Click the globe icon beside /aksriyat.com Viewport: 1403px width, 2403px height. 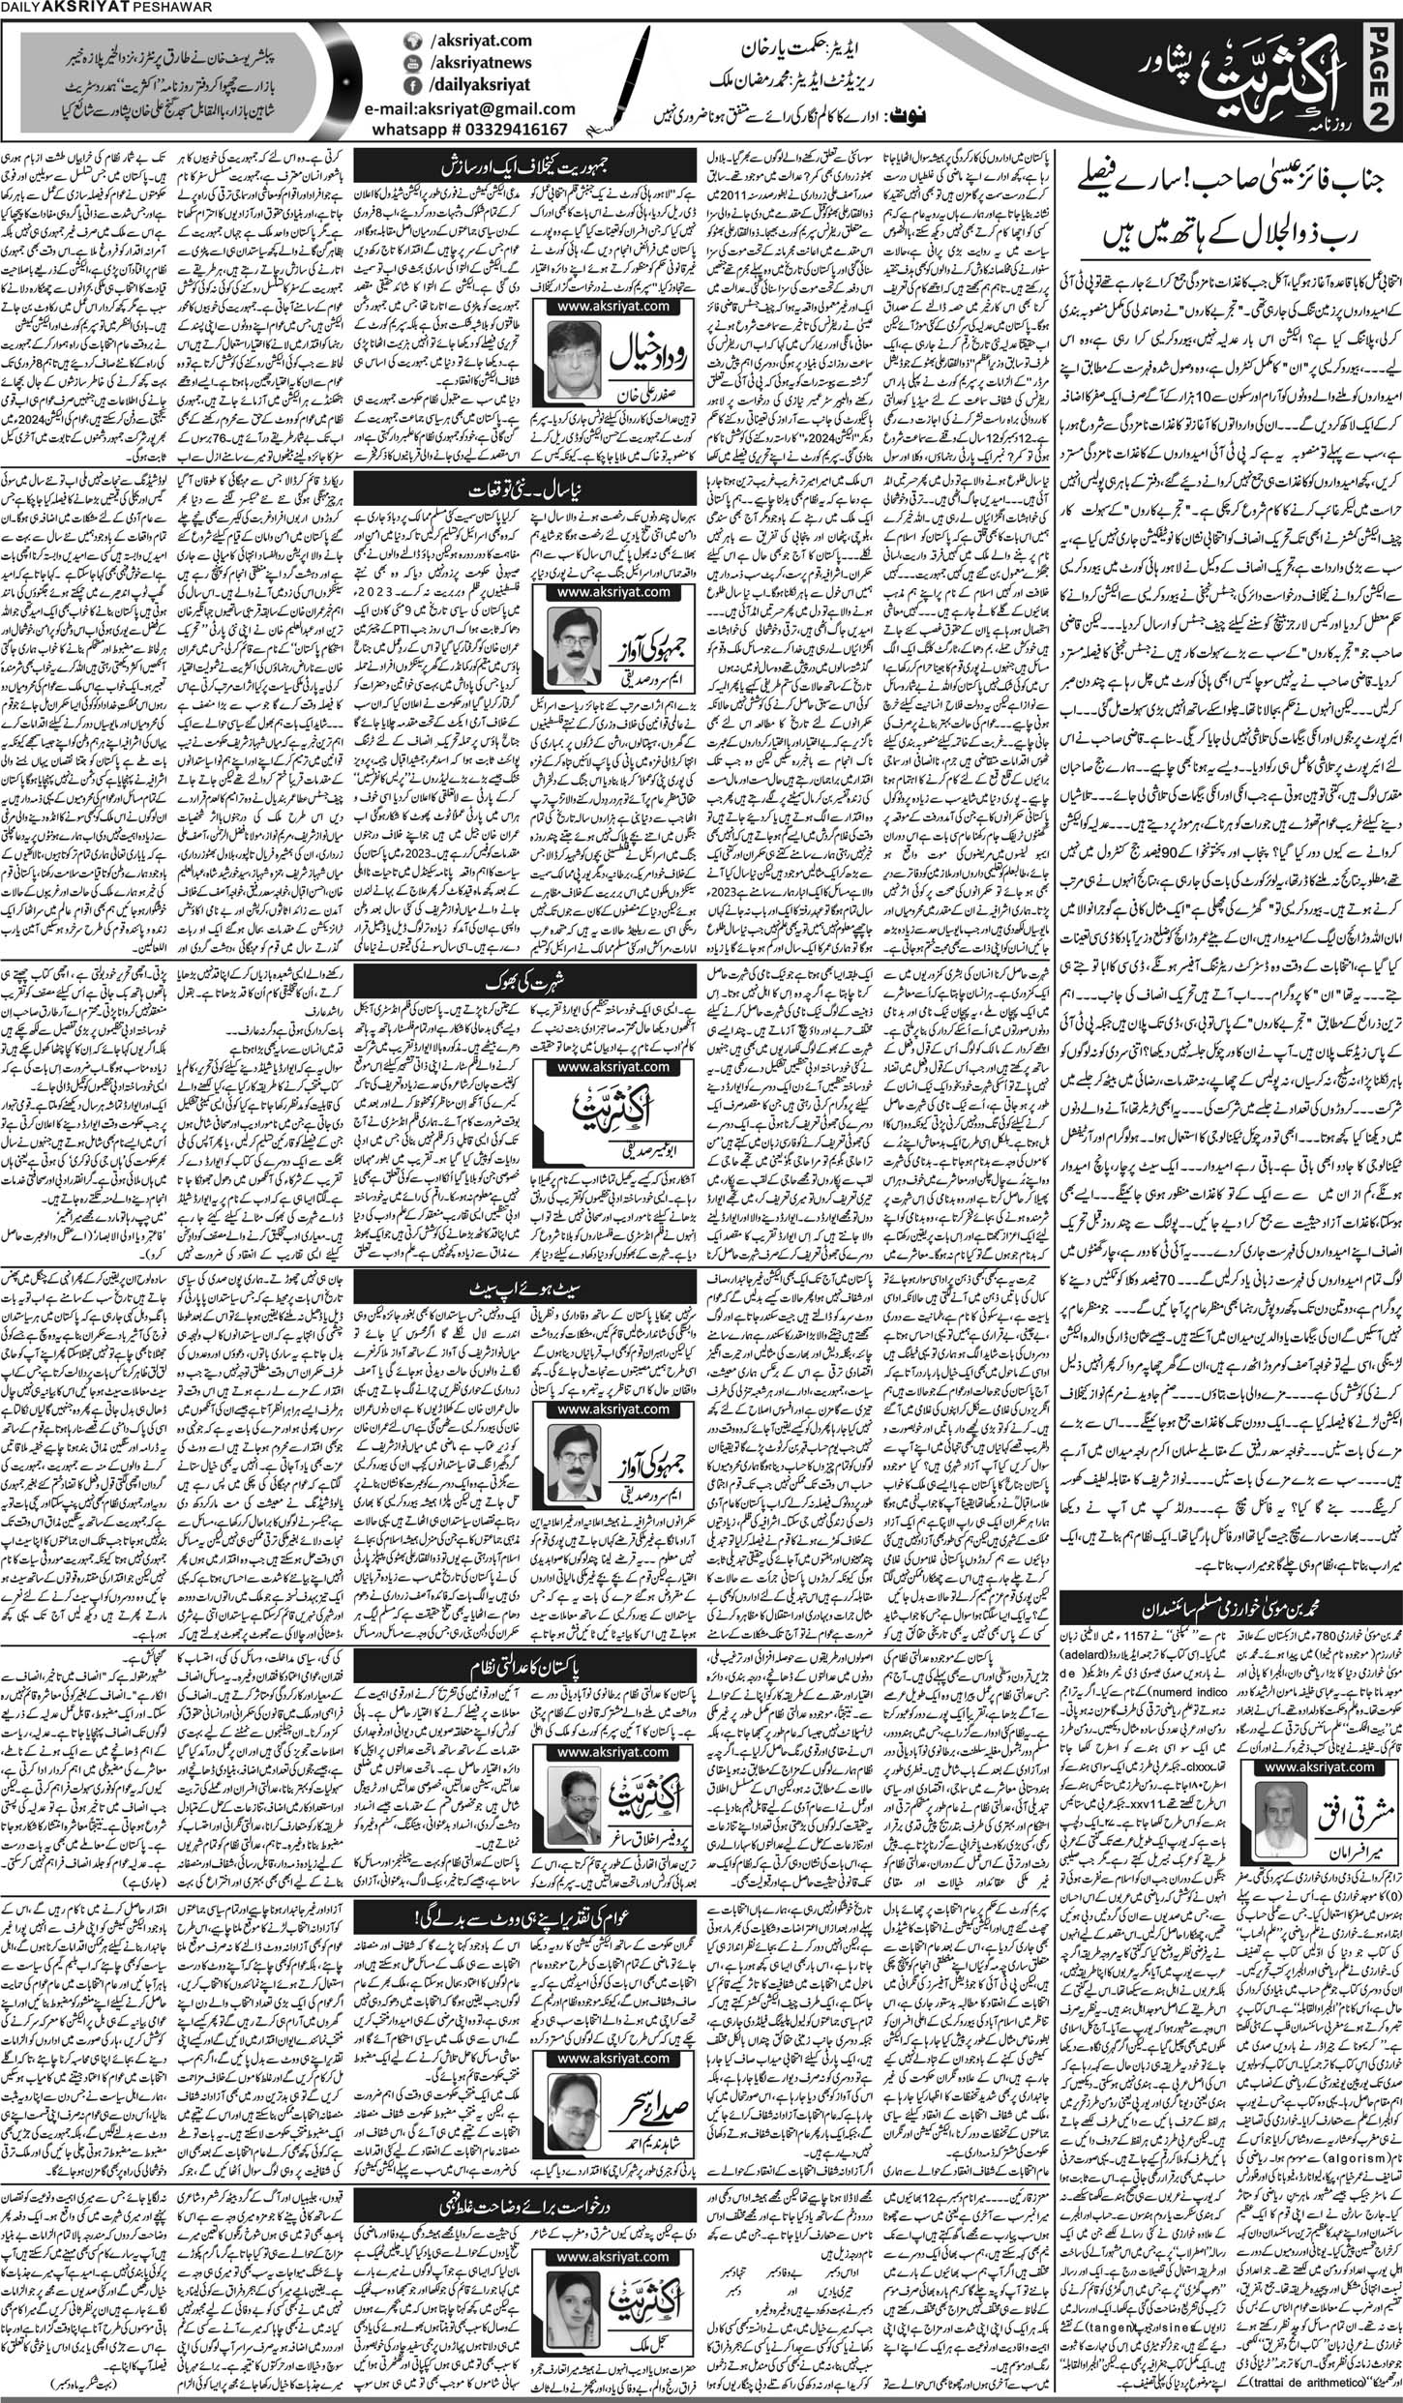(x=412, y=43)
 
